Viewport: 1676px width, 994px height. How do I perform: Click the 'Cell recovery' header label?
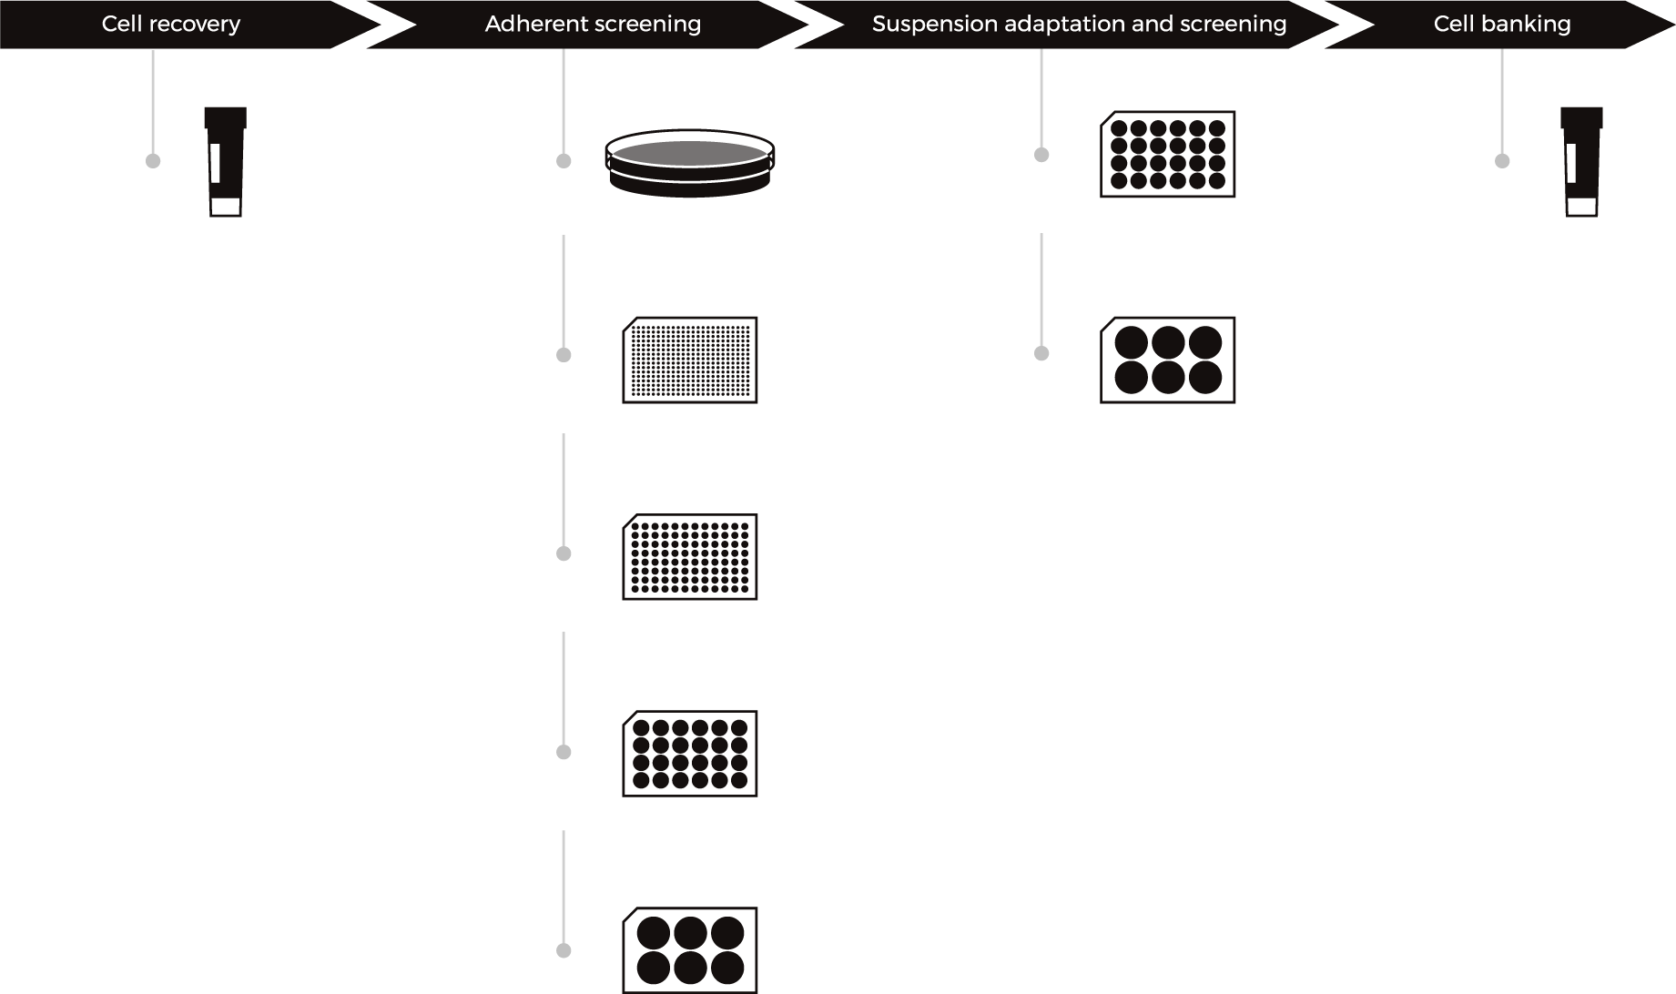pyautogui.click(x=171, y=24)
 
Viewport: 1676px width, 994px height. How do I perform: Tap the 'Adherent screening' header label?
pyautogui.click(x=593, y=24)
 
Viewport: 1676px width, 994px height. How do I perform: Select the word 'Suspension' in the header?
pyautogui.click(x=934, y=25)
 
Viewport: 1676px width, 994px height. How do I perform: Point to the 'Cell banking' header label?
pyautogui.click(x=1502, y=24)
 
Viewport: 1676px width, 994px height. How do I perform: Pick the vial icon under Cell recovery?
pyautogui.click(x=226, y=162)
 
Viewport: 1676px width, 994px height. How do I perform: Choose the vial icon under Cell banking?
pyautogui.click(x=1581, y=162)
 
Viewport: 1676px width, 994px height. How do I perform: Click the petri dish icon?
pyautogui.click(x=689, y=162)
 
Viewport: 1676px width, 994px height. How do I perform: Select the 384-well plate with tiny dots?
pyautogui.click(x=690, y=360)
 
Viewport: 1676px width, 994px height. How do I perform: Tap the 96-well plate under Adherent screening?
pyautogui.click(x=690, y=557)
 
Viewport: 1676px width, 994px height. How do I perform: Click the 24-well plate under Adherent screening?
pyautogui.click(x=690, y=754)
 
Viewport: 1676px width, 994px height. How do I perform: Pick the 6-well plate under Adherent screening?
pyautogui.click(x=690, y=950)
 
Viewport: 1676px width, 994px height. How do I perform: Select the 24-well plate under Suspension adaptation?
pyautogui.click(x=1168, y=154)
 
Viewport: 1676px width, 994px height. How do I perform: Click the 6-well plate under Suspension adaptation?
pyautogui.click(x=1168, y=360)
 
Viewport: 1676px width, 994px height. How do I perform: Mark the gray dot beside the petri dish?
pyautogui.click(x=564, y=161)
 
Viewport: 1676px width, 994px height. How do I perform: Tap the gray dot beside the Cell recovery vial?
pyautogui.click(x=153, y=161)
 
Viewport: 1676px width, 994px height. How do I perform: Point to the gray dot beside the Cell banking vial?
pyautogui.click(x=1502, y=161)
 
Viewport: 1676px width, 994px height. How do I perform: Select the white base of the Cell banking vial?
pyautogui.click(x=1582, y=207)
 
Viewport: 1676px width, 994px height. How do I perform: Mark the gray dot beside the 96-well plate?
pyautogui.click(x=564, y=553)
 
